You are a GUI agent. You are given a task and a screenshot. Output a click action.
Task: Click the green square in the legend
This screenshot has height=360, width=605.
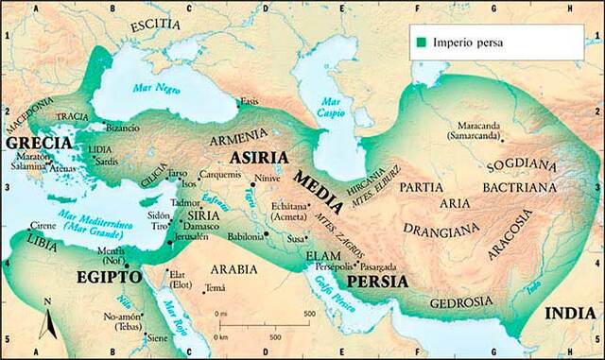(x=420, y=43)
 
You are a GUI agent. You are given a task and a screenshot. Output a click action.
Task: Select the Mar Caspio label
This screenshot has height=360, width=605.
(x=331, y=108)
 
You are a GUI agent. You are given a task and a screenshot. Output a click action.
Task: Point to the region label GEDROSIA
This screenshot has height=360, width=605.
(x=460, y=302)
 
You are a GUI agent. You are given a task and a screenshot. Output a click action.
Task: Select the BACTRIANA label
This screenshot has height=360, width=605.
(x=526, y=189)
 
